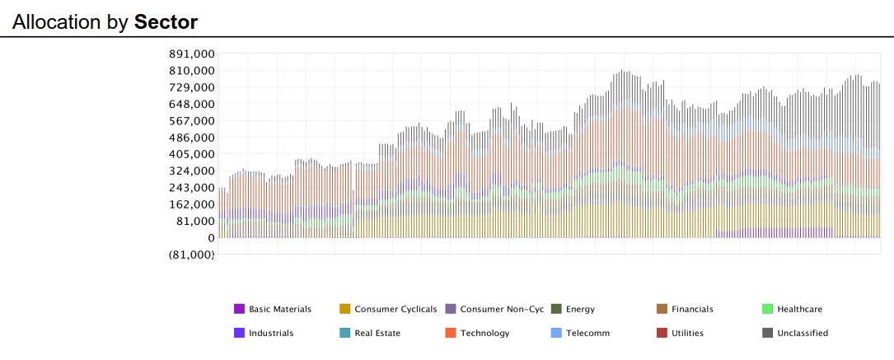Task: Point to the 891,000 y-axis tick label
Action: point(191,54)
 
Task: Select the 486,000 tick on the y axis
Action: point(191,138)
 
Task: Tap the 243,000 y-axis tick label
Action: point(191,188)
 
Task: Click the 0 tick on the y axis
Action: point(212,238)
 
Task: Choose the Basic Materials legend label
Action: point(280,309)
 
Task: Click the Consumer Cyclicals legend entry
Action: point(396,309)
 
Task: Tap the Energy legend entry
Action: point(580,309)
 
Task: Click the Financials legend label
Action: point(692,309)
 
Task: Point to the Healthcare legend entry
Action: point(799,309)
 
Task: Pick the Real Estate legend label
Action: point(377,333)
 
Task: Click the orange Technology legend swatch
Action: point(451,333)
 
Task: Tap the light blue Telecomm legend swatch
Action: point(556,333)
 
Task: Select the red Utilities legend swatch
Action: point(662,333)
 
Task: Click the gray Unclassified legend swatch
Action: point(767,333)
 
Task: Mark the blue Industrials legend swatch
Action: point(239,333)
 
